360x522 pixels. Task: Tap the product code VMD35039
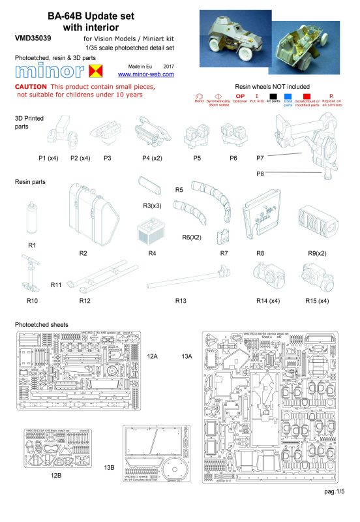click(33, 38)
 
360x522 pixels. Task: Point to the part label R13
click(182, 301)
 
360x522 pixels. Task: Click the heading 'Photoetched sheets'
click(40, 324)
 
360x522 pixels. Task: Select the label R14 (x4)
click(267, 301)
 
